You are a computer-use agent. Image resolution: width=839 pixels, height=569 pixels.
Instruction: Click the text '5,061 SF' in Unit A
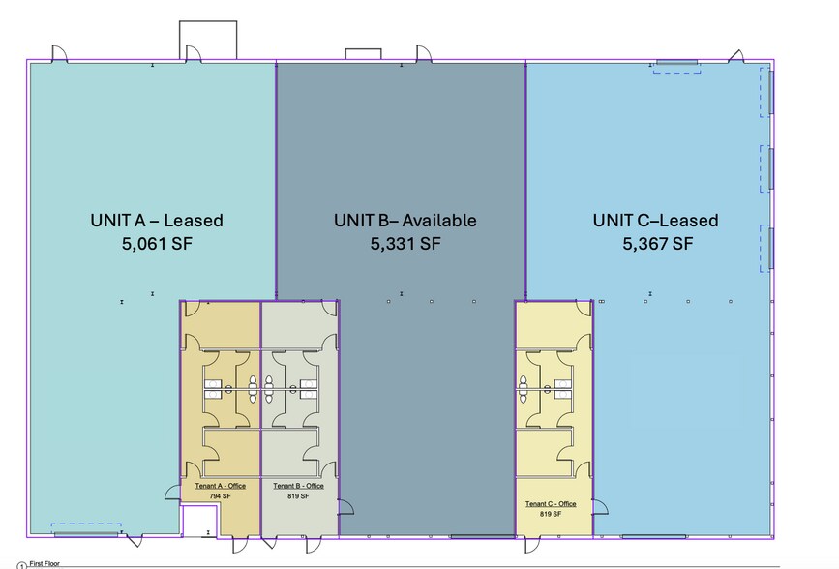(157, 244)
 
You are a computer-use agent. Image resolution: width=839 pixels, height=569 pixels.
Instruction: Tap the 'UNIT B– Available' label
(405, 221)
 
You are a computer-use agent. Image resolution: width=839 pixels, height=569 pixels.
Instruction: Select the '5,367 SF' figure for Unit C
(658, 244)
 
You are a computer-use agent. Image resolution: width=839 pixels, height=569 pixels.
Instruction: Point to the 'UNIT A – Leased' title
(157, 221)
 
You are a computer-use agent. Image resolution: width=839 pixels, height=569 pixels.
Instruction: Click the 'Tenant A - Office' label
(221, 486)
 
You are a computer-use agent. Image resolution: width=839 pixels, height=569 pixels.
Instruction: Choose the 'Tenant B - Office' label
(299, 486)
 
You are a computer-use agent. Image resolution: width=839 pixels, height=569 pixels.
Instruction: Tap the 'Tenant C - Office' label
(551, 504)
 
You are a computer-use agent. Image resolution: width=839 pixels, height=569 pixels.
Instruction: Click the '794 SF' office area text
(221, 496)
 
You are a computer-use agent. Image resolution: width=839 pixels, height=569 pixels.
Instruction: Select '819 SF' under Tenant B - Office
(298, 496)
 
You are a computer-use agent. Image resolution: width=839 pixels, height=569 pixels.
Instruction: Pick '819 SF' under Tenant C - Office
(551, 514)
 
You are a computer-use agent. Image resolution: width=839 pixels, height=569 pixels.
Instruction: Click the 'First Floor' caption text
(45, 563)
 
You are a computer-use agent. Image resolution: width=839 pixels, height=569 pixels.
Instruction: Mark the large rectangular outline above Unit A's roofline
(208, 21)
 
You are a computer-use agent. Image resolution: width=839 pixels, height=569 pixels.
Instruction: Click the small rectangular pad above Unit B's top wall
(363, 49)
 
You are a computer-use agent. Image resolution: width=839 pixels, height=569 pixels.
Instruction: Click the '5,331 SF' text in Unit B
(405, 244)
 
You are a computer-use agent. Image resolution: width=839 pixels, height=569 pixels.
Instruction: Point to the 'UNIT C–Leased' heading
(655, 221)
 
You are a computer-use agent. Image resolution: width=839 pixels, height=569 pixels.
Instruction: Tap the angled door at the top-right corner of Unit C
(735, 56)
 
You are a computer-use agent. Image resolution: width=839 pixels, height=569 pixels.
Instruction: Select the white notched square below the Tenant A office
(199, 521)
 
